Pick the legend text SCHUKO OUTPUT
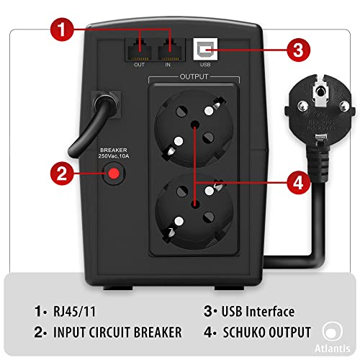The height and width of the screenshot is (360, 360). pyautogui.click(x=261, y=333)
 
